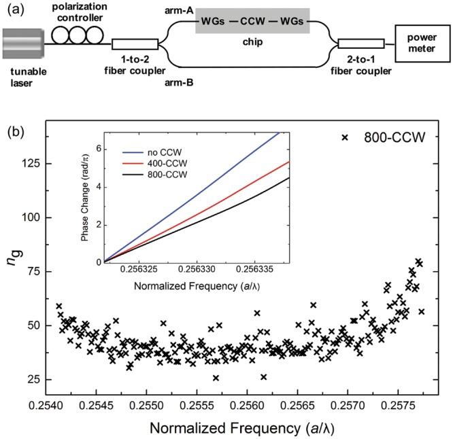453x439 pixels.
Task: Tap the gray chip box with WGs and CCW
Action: point(252,25)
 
